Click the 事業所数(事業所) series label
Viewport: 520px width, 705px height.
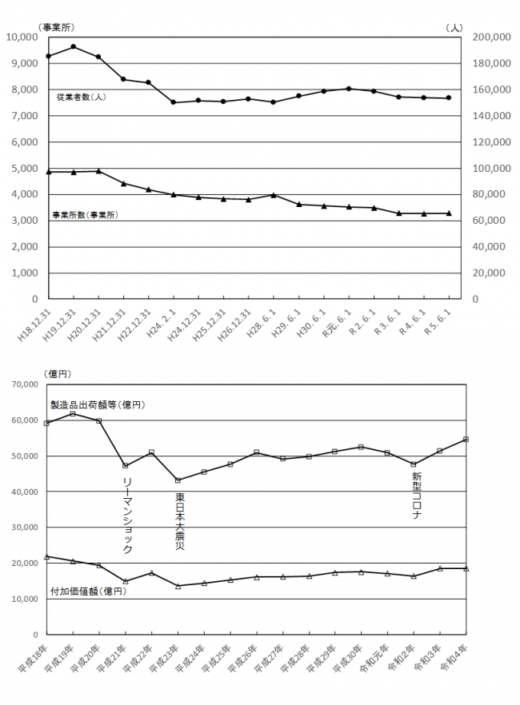pyautogui.click(x=84, y=215)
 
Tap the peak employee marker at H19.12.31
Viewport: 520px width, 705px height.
pyautogui.click(x=74, y=46)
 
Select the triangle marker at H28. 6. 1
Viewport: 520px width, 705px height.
pyautogui.click(x=274, y=194)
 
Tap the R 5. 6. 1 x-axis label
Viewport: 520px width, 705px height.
pyautogui.click(x=437, y=326)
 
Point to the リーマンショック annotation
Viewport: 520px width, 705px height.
pyautogui.click(x=127, y=516)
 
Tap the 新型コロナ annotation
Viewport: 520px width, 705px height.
pyautogui.click(x=416, y=496)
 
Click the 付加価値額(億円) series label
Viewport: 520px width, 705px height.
pyautogui.click(x=88, y=591)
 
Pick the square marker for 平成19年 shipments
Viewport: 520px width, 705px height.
pyautogui.click(x=73, y=413)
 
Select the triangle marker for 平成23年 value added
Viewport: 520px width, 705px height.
pyautogui.click(x=178, y=586)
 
